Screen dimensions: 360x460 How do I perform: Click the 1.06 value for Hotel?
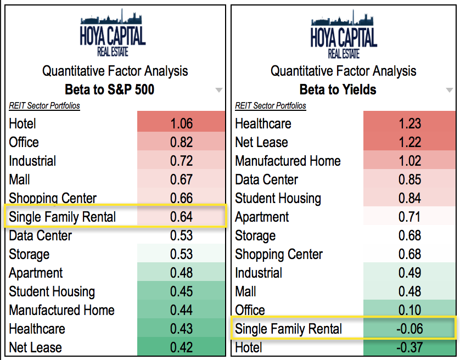[x=181, y=124]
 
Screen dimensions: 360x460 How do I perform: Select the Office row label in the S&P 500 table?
[x=24, y=143]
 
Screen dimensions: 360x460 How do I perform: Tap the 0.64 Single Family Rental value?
[x=181, y=217]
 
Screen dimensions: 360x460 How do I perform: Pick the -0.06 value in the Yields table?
[x=409, y=329]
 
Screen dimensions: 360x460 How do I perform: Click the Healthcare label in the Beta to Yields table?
[x=263, y=124]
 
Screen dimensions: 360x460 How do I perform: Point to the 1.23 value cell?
[x=409, y=124]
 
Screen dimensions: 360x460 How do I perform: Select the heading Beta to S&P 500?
[x=109, y=89]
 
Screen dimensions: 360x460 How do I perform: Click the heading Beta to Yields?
[x=338, y=89]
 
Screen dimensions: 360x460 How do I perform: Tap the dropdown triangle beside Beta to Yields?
[x=450, y=91]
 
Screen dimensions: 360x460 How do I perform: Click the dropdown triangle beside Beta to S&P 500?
[x=219, y=91]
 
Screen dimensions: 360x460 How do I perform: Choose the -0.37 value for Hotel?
[x=409, y=348]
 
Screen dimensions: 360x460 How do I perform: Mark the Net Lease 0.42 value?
[x=181, y=348]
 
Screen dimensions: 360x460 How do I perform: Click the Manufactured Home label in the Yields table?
[x=288, y=161]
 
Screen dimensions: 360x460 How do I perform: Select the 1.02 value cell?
[x=409, y=161]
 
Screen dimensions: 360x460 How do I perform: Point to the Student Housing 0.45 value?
[x=181, y=292]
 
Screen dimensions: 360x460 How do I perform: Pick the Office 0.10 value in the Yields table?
[x=409, y=311]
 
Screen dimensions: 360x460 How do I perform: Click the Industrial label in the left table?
[x=32, y=161]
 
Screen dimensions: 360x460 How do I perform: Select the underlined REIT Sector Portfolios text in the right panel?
[x=271, y=106]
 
